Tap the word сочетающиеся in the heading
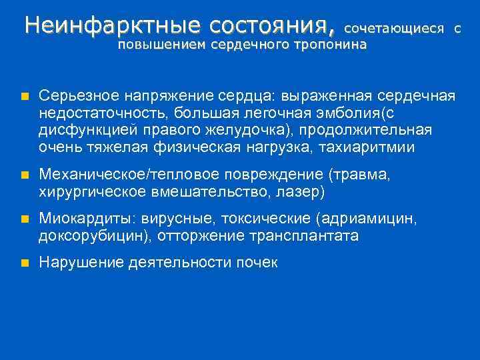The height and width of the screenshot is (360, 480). [x=394, y=29]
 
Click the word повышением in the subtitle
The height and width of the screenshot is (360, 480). [x=162, y=45]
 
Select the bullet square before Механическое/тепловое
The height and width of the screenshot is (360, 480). [x=24, y=175]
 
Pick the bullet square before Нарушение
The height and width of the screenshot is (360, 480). [x=24, y=263]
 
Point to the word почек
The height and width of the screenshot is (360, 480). [x=256, y=263]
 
